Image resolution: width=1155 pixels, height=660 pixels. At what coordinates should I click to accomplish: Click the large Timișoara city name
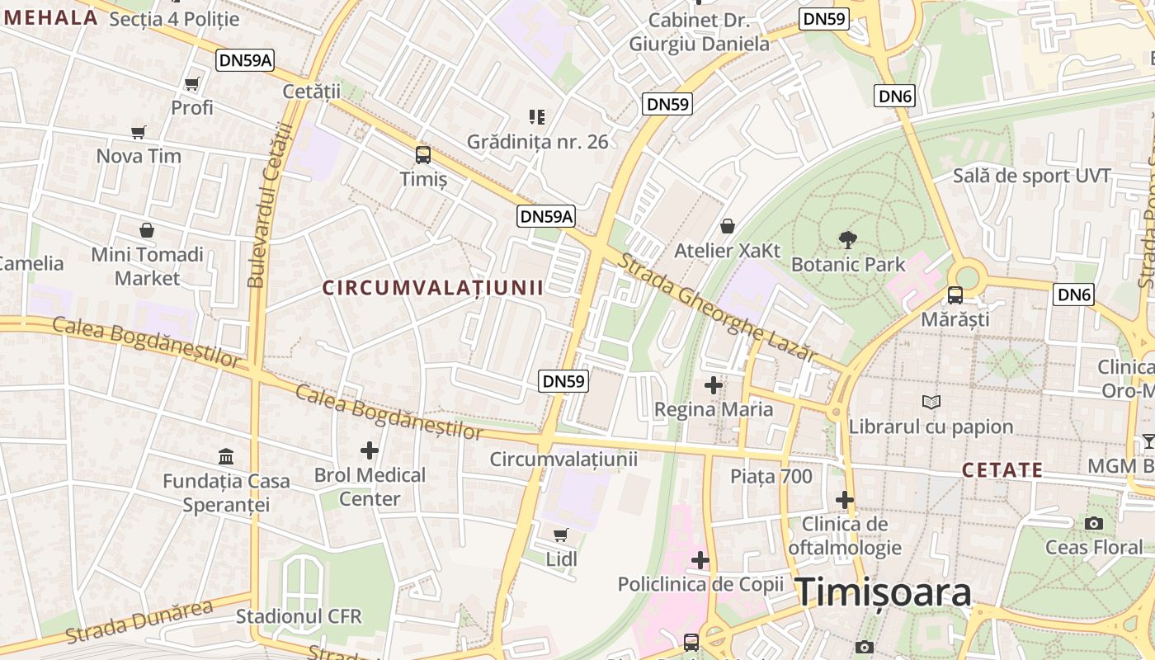tap(884, 592)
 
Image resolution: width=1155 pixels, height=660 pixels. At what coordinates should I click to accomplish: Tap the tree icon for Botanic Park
tap(847, 240)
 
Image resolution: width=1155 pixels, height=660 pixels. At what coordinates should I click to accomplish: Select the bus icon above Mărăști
tap(955, 295)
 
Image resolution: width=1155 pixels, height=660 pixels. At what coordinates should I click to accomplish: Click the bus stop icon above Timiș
tap(423, 154)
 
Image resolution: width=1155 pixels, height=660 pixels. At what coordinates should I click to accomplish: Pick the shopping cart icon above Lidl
tap(561, 535)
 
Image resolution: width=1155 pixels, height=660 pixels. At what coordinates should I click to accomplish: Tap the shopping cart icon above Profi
tap(192, 83)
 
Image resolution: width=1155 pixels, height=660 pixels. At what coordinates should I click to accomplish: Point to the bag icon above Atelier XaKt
tap(728, 226)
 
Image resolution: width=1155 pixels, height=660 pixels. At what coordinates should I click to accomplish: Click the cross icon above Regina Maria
tap(714, 385)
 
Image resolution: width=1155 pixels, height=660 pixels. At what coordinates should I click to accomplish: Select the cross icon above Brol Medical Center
tap(370, 450)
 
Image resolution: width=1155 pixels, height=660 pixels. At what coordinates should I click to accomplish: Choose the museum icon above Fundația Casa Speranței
tap(226, 456)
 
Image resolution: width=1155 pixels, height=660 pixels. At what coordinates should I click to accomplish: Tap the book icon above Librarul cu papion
tap(931, 402)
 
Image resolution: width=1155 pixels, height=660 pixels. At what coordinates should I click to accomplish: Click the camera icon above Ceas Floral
tap(1094, 523)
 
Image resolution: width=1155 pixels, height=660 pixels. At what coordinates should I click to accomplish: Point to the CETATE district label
tap(1002, 470)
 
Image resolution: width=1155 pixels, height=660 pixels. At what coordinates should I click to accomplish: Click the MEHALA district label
tap(51, 16)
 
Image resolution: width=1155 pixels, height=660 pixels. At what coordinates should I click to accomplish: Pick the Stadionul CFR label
tap(299, 616)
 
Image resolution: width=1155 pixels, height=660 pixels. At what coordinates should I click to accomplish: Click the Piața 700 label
tap(771, 476)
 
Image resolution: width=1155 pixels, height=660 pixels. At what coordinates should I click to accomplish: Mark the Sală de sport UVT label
tap(1032, 176)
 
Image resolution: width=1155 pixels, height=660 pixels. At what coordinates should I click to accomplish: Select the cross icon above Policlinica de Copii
tap(700, 561)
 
